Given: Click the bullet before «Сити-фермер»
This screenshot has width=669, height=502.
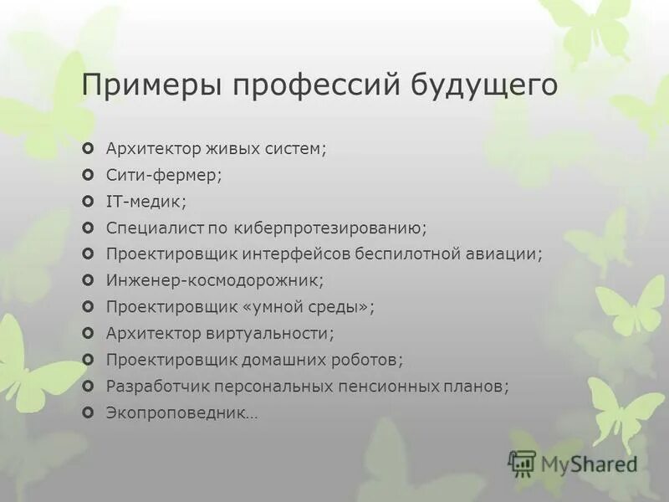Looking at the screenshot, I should [89, 176].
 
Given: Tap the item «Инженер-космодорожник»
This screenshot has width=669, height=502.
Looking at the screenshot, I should [214, 280].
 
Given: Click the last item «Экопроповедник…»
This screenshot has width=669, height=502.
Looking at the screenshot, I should [181, 412].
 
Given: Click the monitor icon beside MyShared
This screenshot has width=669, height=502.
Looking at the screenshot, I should [522, 463].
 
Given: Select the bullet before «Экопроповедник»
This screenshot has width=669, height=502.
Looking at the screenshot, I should [89, 412].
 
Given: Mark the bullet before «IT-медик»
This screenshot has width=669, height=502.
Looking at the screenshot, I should [89, 202].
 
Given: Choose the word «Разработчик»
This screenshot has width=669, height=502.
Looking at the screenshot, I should [157, 386].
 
